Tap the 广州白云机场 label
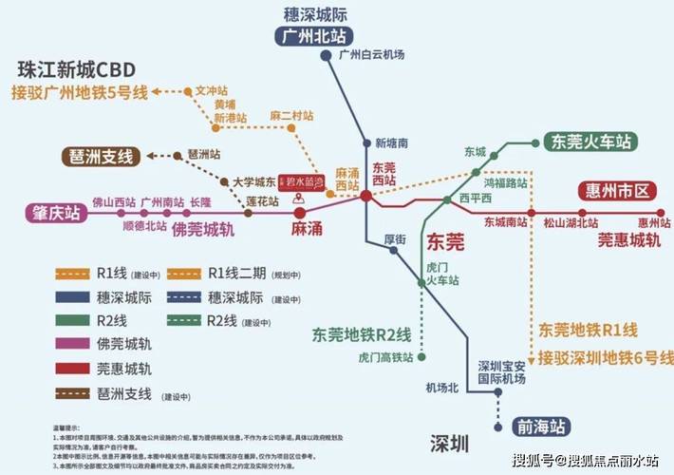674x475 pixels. [x=371, y=55]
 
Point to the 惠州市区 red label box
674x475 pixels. [x=614, y=191]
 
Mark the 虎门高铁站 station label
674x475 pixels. [x=385, y=358]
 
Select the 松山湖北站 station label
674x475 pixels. [x=571, y=222]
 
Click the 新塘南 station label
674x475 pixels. [x=391, y=143]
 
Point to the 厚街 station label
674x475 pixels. [x=396, y=238]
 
